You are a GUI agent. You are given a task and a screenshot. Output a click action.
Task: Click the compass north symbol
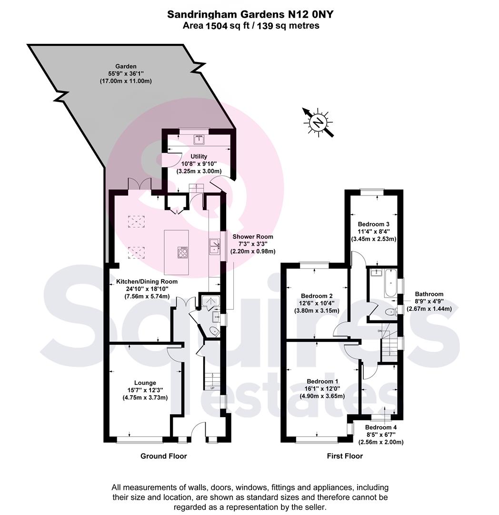pyautogui.click(x=318, y=122)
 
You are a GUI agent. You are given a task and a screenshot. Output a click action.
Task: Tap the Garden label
pyautogui.click(x=126, y=66)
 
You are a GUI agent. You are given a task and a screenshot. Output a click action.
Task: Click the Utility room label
pyautogui.click(x=199, y=156)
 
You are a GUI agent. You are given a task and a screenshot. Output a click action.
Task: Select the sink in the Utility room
pyautogui.click(x=199, y=140)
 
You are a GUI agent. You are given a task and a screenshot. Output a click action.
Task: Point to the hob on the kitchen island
pyautogui.click(x=183, y=252)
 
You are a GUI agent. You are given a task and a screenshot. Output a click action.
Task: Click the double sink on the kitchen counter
pyautogui.click(x=214, y=246)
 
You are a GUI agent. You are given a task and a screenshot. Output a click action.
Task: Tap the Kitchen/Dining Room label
pyautogui.click(x=147, y=281)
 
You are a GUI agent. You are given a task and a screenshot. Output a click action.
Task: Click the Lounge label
pyautogui.click(x=145, y=382)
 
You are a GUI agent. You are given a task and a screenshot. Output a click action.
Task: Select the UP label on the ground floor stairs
pyautogui.click(x=212, y=388)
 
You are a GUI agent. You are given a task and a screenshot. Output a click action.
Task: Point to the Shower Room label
pyautogui.click(x=253, y=237)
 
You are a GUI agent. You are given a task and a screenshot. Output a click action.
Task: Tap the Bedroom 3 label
pyautogui.click(x=374, y=224)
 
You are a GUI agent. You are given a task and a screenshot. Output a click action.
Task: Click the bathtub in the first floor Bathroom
pyautogui.click(x=391, y=282)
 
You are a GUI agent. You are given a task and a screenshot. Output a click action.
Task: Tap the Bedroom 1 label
pyautogui.click(x=322, y=381)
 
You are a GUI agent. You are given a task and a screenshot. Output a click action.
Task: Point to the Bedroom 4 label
pyautogui.click(x=381, y=427)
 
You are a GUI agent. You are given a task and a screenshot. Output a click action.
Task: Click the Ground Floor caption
pyautogui.click(x=164, y=456)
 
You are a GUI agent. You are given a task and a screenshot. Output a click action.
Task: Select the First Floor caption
pyautogui.click(x=345, y=456)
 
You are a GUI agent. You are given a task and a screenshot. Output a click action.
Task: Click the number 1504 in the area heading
pyautogui.click(x=216, y=26)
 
